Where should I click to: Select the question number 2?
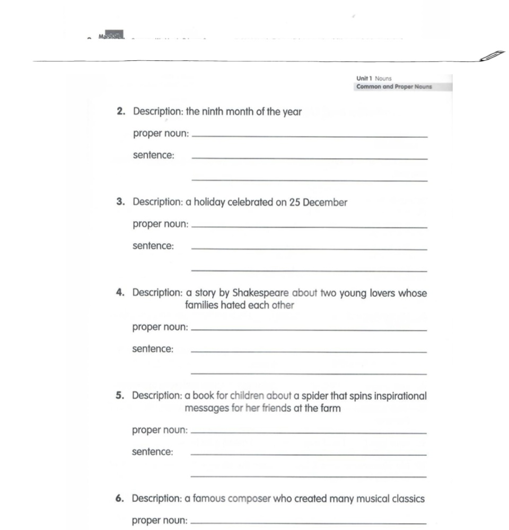(x=120, y=112)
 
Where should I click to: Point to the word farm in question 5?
(x=331, y=409)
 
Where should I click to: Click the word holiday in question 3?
(x=208, y=202)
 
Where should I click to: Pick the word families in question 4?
(x=201, y=305)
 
